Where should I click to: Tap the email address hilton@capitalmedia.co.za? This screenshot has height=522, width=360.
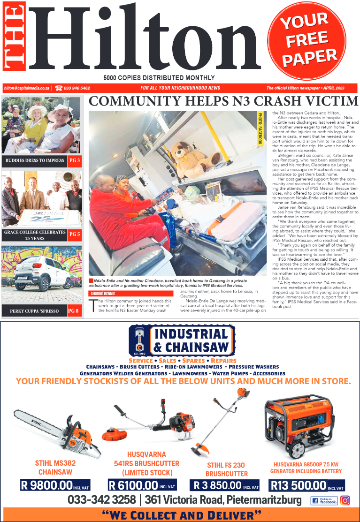[x=27, y=88]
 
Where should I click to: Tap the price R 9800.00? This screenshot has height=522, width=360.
[x=47, y=485]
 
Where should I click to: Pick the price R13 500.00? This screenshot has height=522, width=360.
[x=299, y=485]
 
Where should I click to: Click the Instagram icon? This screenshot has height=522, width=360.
[x=345, y=500]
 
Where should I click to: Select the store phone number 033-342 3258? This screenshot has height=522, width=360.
[x=102, y=499]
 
